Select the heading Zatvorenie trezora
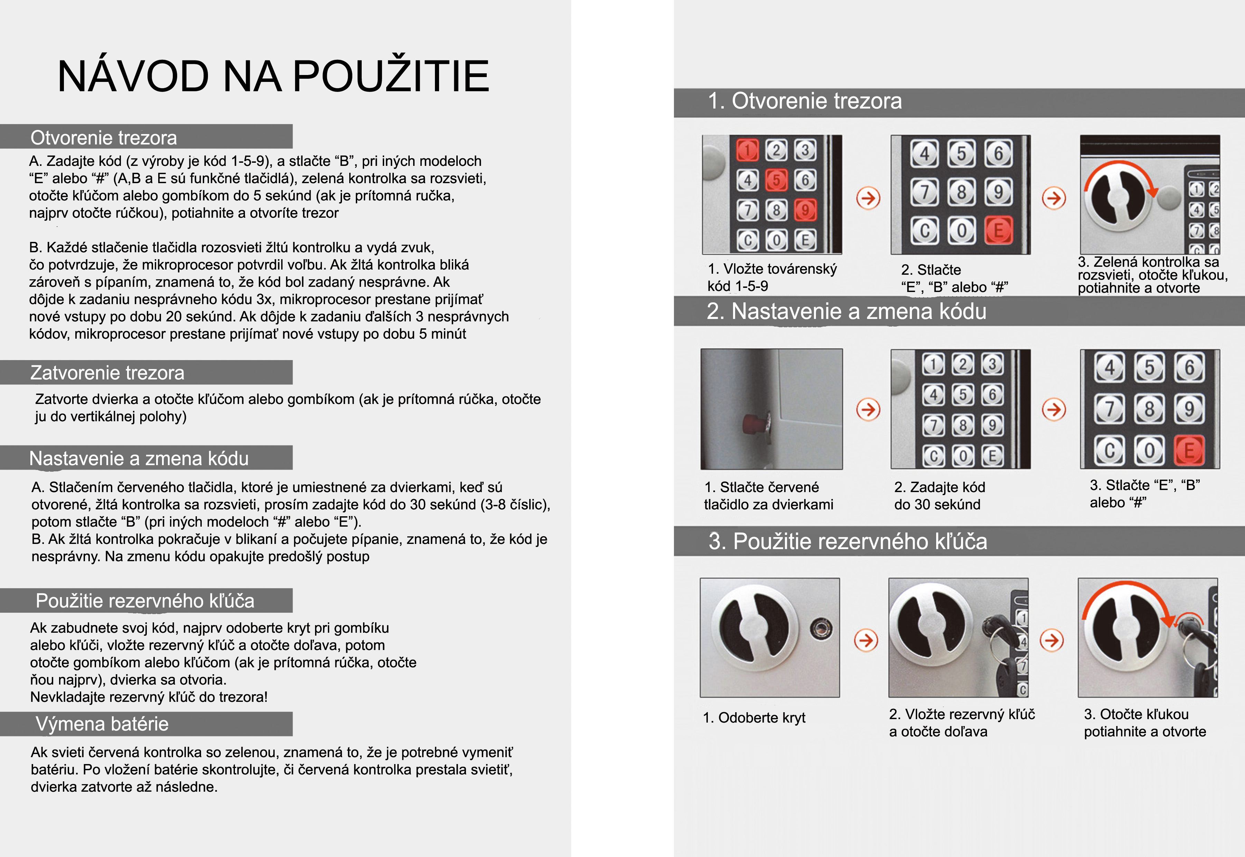(107, 373)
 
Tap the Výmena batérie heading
(102, 724)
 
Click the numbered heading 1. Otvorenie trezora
(805, 101)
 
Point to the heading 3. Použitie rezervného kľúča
(847, 541)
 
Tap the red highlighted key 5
(776, 180)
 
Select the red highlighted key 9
(805, 210)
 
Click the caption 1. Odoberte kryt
(754, 718)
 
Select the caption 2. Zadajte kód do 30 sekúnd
(939, 496)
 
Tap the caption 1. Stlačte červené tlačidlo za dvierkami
(769, 496)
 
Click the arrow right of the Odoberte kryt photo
(866, 640)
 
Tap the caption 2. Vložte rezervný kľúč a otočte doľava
(962, 723)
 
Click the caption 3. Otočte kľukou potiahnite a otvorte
(1145, 723)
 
